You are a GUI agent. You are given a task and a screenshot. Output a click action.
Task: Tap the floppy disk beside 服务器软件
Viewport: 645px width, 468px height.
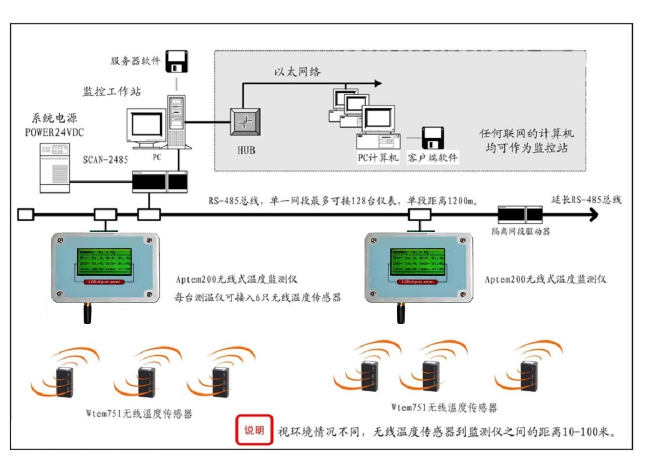tap(177, 61)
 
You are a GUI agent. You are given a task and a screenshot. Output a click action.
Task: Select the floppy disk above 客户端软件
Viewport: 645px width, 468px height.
tap(432, 137)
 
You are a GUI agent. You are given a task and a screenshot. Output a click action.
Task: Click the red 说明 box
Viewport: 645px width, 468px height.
tap(254, 430)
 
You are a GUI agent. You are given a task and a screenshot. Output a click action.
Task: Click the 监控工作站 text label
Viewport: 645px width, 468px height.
tap(112, 92)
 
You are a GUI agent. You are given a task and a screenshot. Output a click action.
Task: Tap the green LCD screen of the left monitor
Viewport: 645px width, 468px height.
tap(104, 261)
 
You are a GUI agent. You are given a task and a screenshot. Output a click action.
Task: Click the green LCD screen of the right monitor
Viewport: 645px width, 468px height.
tap(418, 261)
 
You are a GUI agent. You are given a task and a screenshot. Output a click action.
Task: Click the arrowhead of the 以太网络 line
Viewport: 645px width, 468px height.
tap(377, 83)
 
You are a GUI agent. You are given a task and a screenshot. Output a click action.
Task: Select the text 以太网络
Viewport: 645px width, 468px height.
tap(297, 72)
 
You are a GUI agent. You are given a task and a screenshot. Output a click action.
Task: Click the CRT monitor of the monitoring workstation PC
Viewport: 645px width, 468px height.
tap(146, 127)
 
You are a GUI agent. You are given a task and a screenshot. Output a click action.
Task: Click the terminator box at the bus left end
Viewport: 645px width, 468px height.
tap(25, 215)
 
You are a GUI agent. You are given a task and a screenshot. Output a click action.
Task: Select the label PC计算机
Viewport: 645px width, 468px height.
tap(377, 158)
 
